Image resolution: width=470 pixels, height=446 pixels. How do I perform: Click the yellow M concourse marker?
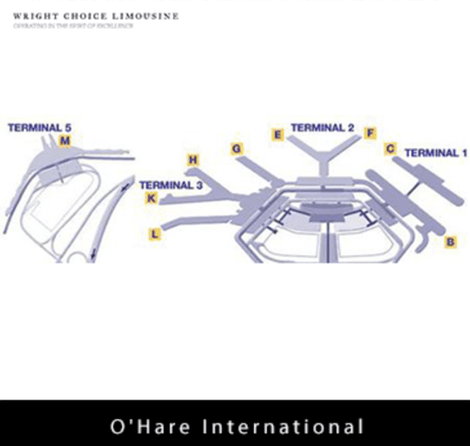pos(65,141)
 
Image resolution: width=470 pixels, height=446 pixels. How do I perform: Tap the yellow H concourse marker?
pos(193,160)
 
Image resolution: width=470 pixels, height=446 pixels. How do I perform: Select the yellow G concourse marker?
pos(237,149)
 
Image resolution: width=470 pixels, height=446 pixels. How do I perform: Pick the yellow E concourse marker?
pos(278,135)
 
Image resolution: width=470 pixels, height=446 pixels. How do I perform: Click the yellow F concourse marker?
pos(369,134)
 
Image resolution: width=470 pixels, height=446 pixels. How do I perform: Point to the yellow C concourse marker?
pos(390,148)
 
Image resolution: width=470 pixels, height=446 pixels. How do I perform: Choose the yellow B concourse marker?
pos(451,242)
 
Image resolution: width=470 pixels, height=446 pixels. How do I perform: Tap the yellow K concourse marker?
pos(151,198)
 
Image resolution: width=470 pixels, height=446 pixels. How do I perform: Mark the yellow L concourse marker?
pos(155,234)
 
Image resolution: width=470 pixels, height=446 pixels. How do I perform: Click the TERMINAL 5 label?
pos(39,128)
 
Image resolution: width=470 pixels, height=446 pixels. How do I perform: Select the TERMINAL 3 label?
pos(171,185)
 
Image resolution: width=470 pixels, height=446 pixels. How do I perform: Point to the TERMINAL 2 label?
pos(322,128)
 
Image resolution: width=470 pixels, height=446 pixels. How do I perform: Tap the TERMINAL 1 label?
pos(436,153)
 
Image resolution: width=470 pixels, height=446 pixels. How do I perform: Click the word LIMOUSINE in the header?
pos(147,16)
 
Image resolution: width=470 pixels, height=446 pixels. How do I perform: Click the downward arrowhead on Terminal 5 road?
pos(92,256)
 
